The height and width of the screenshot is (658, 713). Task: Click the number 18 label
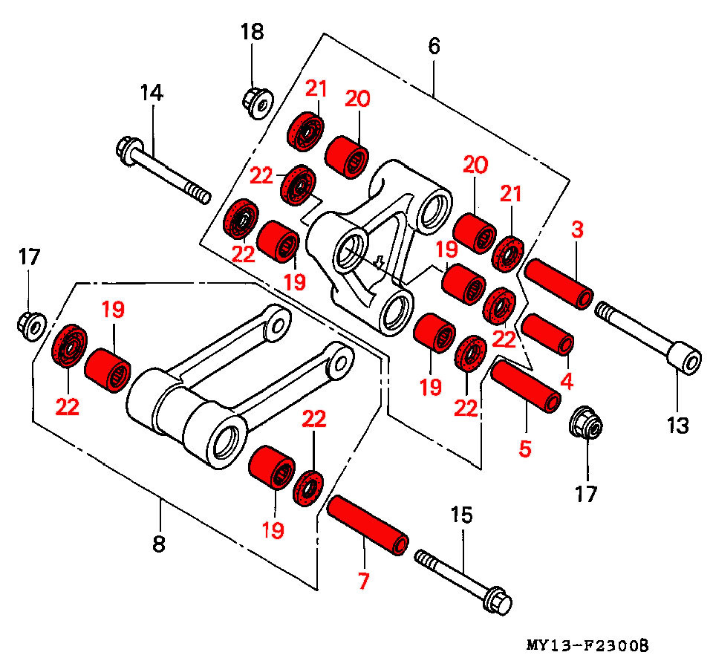tap(252, 32)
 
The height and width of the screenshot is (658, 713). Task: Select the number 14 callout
tap(152, 93)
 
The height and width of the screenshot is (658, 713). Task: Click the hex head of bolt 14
tap(128, 148)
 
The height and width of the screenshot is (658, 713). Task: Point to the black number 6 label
tap(434, 46)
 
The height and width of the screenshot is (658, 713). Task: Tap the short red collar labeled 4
tap(547, 333)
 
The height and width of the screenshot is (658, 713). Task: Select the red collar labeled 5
tap(525, 384)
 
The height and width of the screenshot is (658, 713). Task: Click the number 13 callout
tap(677, 426)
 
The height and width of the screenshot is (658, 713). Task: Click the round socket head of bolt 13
tap(684, 359)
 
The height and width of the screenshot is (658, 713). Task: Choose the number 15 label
tap(461, 515)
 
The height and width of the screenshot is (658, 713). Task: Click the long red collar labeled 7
tap(367, 525)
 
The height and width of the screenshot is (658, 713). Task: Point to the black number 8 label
tap(158, 544)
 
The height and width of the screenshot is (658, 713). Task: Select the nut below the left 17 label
tap(30, 324)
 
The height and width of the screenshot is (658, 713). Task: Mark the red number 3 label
tap(578, 229)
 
